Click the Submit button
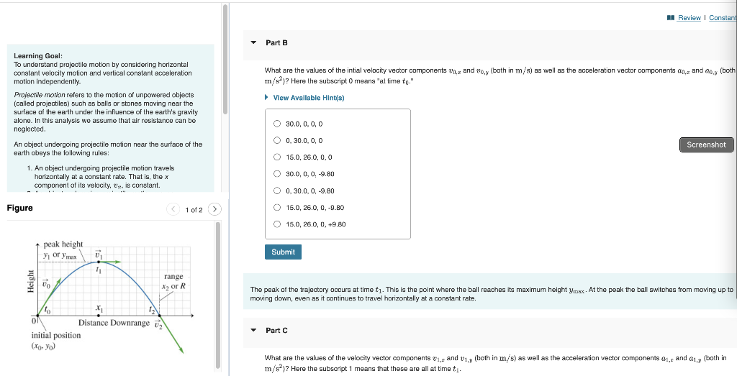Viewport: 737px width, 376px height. tap(283, 252)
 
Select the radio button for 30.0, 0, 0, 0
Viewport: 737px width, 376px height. tap(276, 124)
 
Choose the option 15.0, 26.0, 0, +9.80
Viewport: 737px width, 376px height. tap(276, 224)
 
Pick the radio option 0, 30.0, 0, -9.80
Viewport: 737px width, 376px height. tap(276, 191)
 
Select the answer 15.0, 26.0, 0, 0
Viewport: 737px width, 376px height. tap(276, 157)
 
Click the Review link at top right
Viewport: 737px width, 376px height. tap(689, 18)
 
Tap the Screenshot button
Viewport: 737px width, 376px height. tap(706, 145)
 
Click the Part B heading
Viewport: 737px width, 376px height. tap(276, 43)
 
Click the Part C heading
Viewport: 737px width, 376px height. tap(276, 331)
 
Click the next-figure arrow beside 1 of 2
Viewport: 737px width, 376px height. tap(214, 209)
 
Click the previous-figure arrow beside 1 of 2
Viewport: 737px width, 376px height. tap(173, 209)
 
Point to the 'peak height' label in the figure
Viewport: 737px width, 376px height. tap(63, 244)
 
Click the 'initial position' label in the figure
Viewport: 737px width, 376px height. tap(56, 336)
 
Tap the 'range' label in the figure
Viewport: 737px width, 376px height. tap(173, 277)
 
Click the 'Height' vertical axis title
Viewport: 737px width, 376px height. tap(30, 281)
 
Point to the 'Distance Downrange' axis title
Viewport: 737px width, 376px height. tap(114, 323)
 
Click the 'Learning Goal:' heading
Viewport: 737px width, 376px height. tap(38, 55)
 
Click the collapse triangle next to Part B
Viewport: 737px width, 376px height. tap(253, 43)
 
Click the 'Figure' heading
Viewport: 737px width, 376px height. tap(19, 208)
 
